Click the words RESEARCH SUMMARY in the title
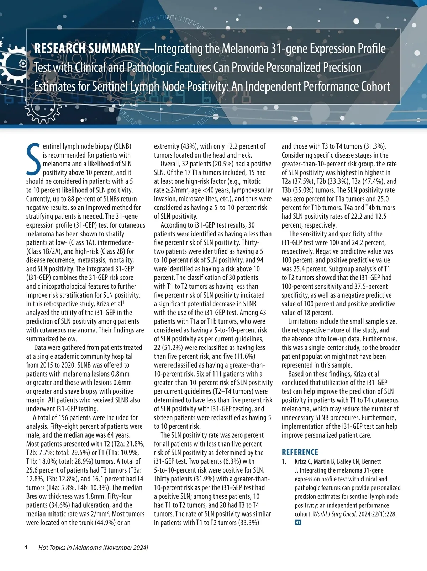point(86,49)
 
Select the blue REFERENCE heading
point(300,452)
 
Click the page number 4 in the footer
point(26,547)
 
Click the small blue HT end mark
point(298,523)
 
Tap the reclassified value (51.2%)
point(174,348)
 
